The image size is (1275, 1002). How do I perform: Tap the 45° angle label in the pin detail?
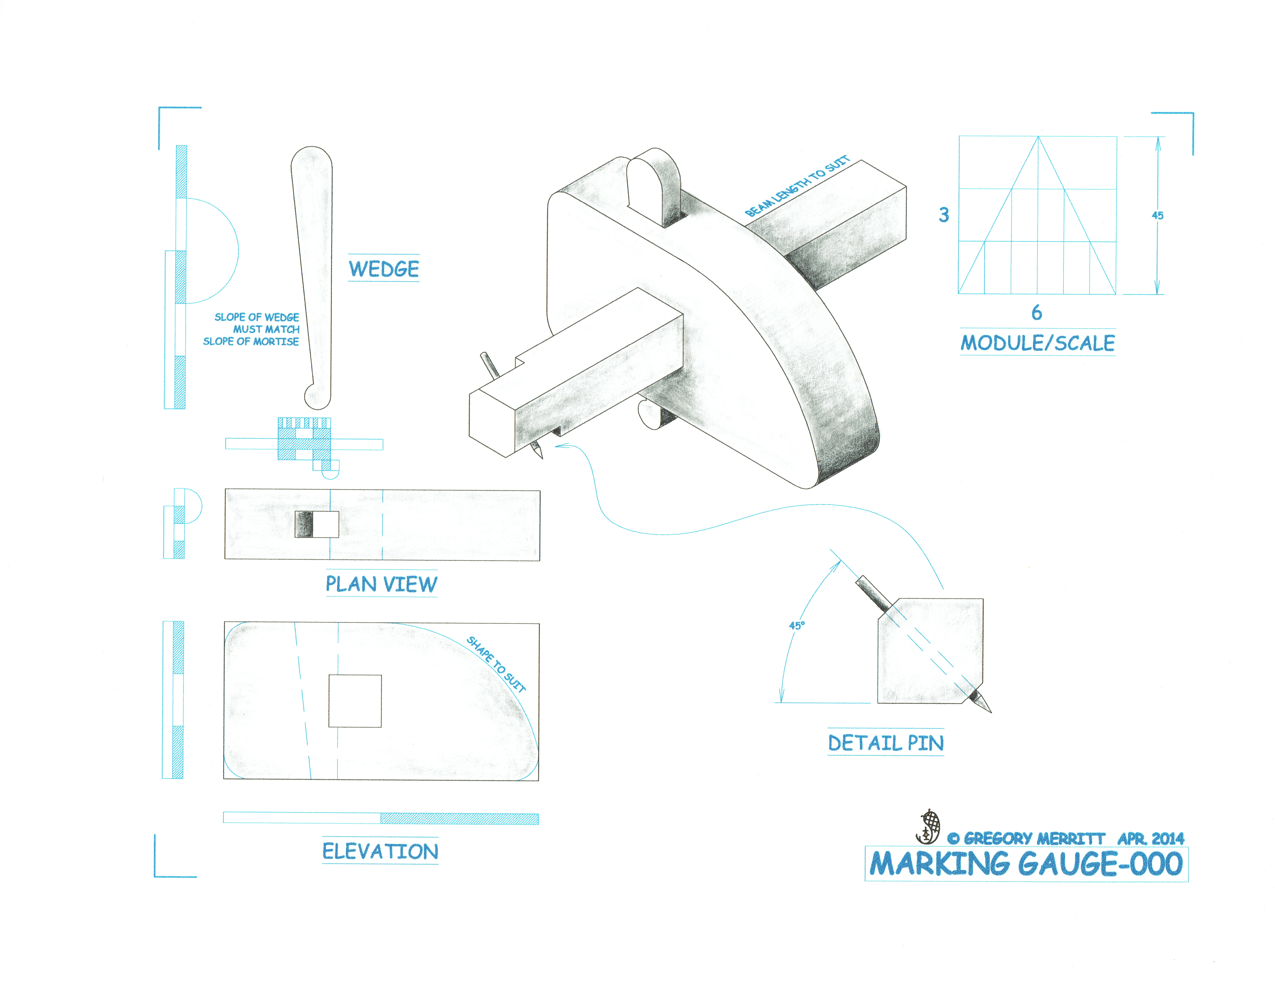pyautogui.click(x=796, y=625)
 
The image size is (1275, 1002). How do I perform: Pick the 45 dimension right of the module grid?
pyautogui.click(x=1157, y=215)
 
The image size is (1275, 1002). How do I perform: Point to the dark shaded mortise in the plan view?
pyautogui.click(x=304, y=525)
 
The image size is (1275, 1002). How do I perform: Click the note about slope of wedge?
pyautogui.click(x=252, y=329)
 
